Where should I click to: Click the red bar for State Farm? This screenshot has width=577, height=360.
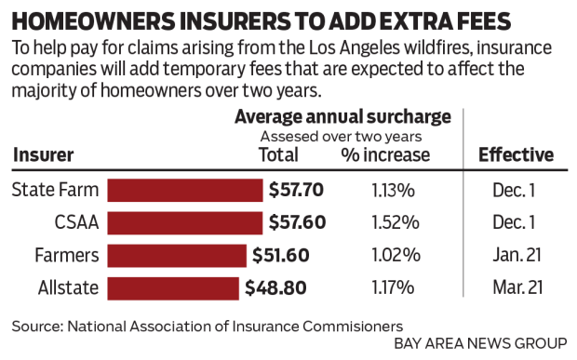(x=185, y=191)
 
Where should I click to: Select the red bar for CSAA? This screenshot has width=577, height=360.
(x=185, y=223)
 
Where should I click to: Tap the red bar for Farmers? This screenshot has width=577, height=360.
(x=177, y=255)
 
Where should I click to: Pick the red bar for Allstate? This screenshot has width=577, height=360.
(x=173, y=287)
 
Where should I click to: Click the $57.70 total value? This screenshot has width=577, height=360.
(x=296, y=191)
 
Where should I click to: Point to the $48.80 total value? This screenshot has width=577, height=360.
(x=275, y=287)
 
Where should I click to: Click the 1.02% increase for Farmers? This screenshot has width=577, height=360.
(x=394, y=255)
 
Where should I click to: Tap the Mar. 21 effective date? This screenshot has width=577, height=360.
(x=516, y=287)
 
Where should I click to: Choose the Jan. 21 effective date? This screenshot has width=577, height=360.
(x=516, y=255)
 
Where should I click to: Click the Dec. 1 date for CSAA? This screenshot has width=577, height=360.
(x=516, y=223)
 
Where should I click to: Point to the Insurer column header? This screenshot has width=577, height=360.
(x=43, y=155)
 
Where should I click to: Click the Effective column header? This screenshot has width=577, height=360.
(x=516, y=155)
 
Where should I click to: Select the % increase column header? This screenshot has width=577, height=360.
(x=385, y=155)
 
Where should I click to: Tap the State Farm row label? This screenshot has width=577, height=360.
(x=54, y=191)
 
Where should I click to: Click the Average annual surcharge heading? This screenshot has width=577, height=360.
(x=342, y=116)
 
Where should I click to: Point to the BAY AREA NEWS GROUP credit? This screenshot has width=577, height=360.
(x=478, y=343)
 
